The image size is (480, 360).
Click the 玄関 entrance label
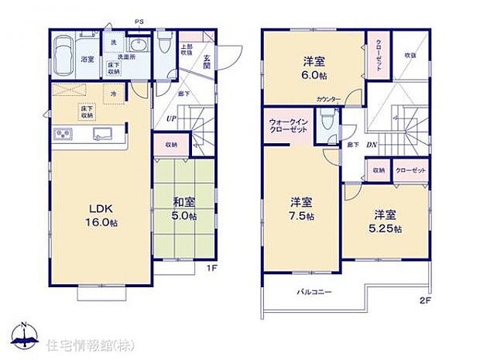pos(207,64)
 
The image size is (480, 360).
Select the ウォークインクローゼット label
pos(287,126)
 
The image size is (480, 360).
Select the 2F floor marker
pos(424,300)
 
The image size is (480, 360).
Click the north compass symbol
pos(24,335)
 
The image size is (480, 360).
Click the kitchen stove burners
pos(62,136)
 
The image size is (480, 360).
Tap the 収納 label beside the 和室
pos(170,145)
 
